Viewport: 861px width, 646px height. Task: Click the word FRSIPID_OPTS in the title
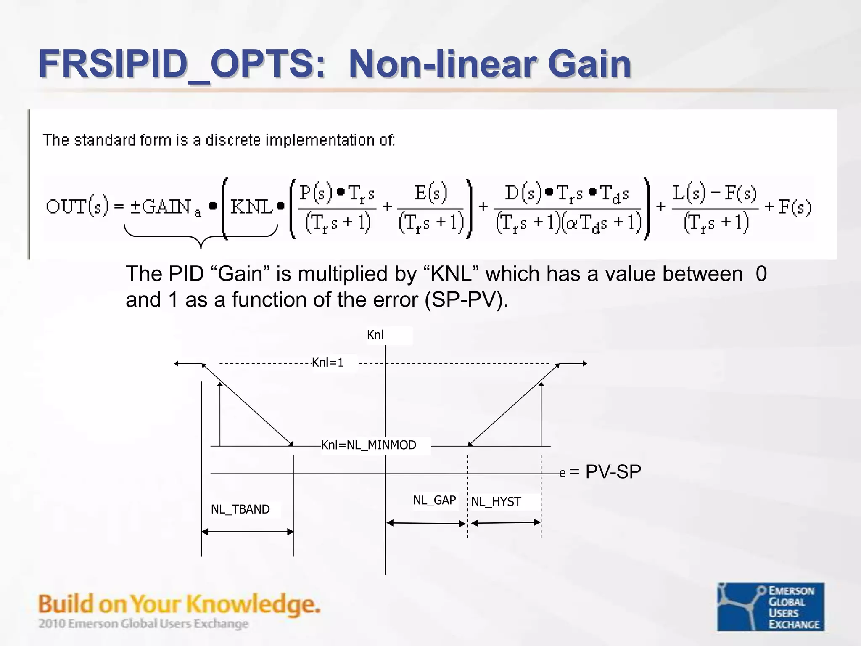(181, 64)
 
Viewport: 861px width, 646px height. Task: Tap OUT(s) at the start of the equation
(77, 207)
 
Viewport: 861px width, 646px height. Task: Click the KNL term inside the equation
(251, 207)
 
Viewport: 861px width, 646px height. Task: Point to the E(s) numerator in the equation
(430, 193)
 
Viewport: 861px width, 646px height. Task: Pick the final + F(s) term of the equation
(789, 207)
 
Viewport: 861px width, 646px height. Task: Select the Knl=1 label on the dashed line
(327, 363)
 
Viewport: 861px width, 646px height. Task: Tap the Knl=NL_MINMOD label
(369, 445)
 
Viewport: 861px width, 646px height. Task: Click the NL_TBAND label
(240, 509)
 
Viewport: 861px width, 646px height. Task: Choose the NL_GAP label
(434, 500)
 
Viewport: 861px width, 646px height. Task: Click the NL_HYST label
(496, 502)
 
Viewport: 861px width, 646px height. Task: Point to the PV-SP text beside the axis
(613, 472)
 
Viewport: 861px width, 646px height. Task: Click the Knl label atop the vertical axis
(375, 335)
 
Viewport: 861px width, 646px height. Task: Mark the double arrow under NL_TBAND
(247, 532)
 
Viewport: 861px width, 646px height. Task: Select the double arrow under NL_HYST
(506, 523)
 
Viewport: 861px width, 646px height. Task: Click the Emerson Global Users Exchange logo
(770, 606)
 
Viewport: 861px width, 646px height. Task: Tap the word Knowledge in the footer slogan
(252, 604)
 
